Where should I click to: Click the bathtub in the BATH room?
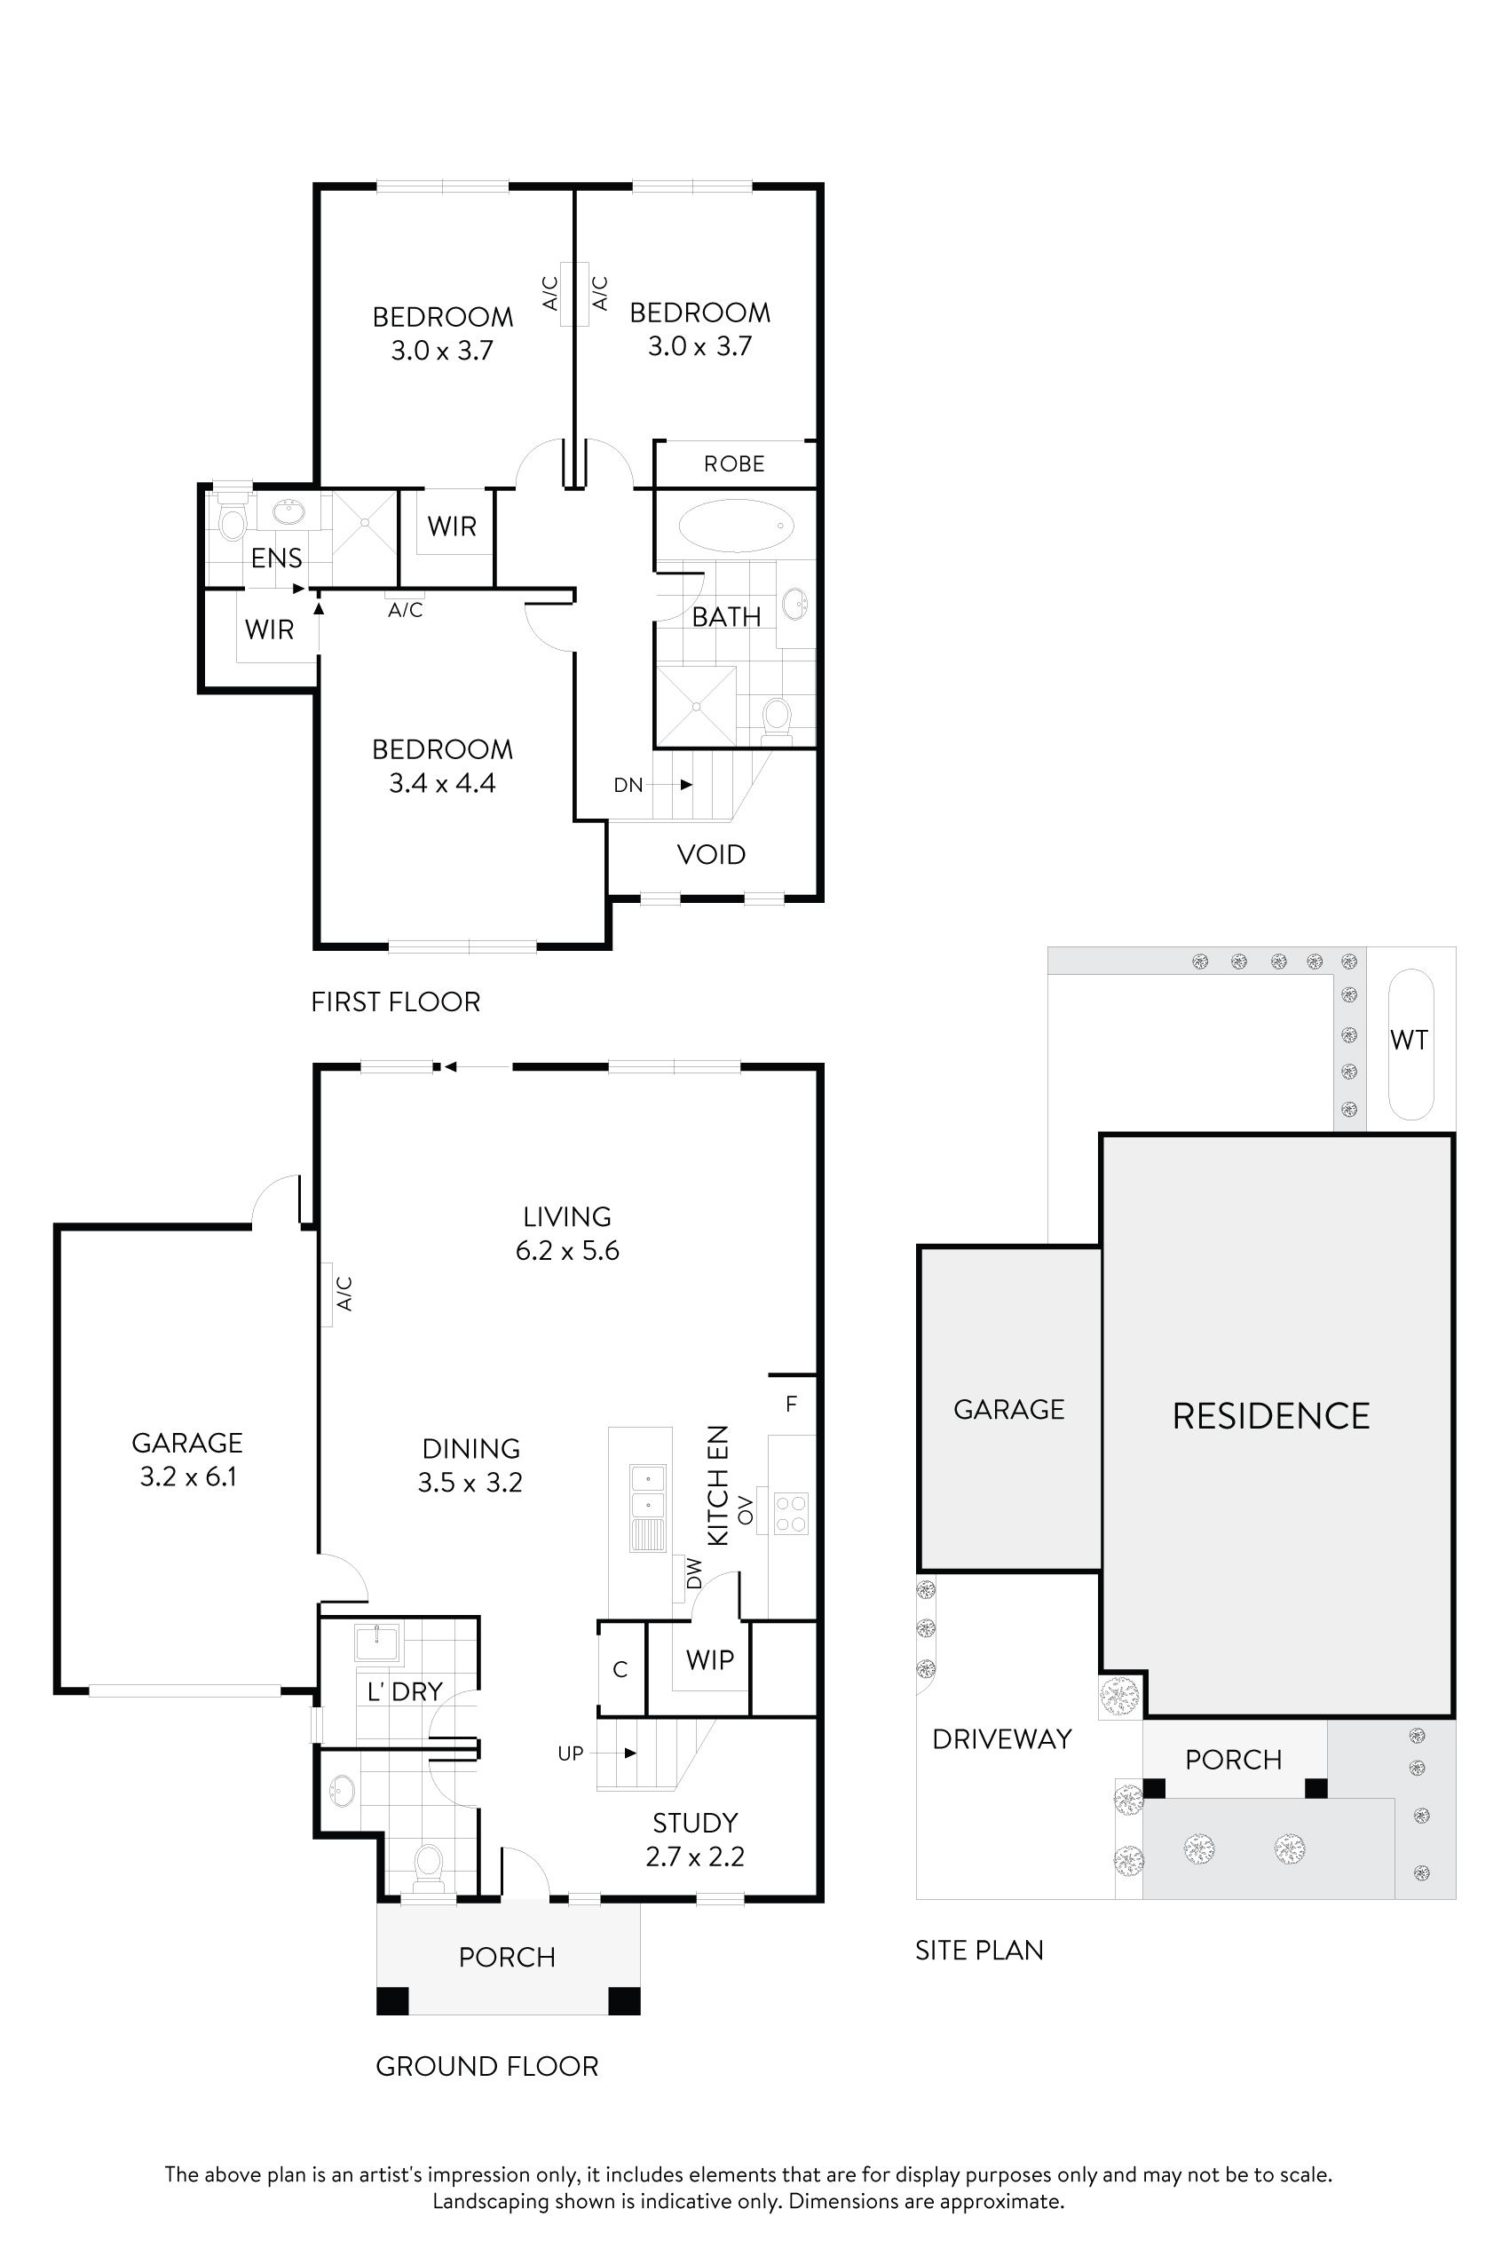pyautogui.click(x=736, y=526)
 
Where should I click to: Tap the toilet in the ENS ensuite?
pyautogui.click(x=232, y=522)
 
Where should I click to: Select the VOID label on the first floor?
pyautogui.click(x=711, y=855)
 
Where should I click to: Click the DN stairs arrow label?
pyautogui.click(x=628, y=785)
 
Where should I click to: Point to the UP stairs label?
pyautogui.click(x=571, y=1753)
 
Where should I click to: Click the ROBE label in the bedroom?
pyautogui.click(x=734, y=464)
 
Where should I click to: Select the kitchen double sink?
pyautogui.click(x=648, y=1491)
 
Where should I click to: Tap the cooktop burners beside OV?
pyautogui.click(x=791, y=1512)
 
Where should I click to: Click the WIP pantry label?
pyautogui.click(x=710, y=1659)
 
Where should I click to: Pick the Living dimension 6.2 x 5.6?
pyautogui.click(x=567, y=1250)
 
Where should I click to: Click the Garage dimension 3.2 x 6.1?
pyautogui.click(x=187, y=1476)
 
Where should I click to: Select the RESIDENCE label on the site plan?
pyautogui.click(x=1270, y=1416)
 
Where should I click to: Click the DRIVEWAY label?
pyautogui.click(x=1002, y=1738)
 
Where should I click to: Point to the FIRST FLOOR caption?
pyautogui.click(x=396, y=1002)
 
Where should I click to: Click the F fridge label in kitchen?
pyautogui.click(x=791, y=1405)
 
